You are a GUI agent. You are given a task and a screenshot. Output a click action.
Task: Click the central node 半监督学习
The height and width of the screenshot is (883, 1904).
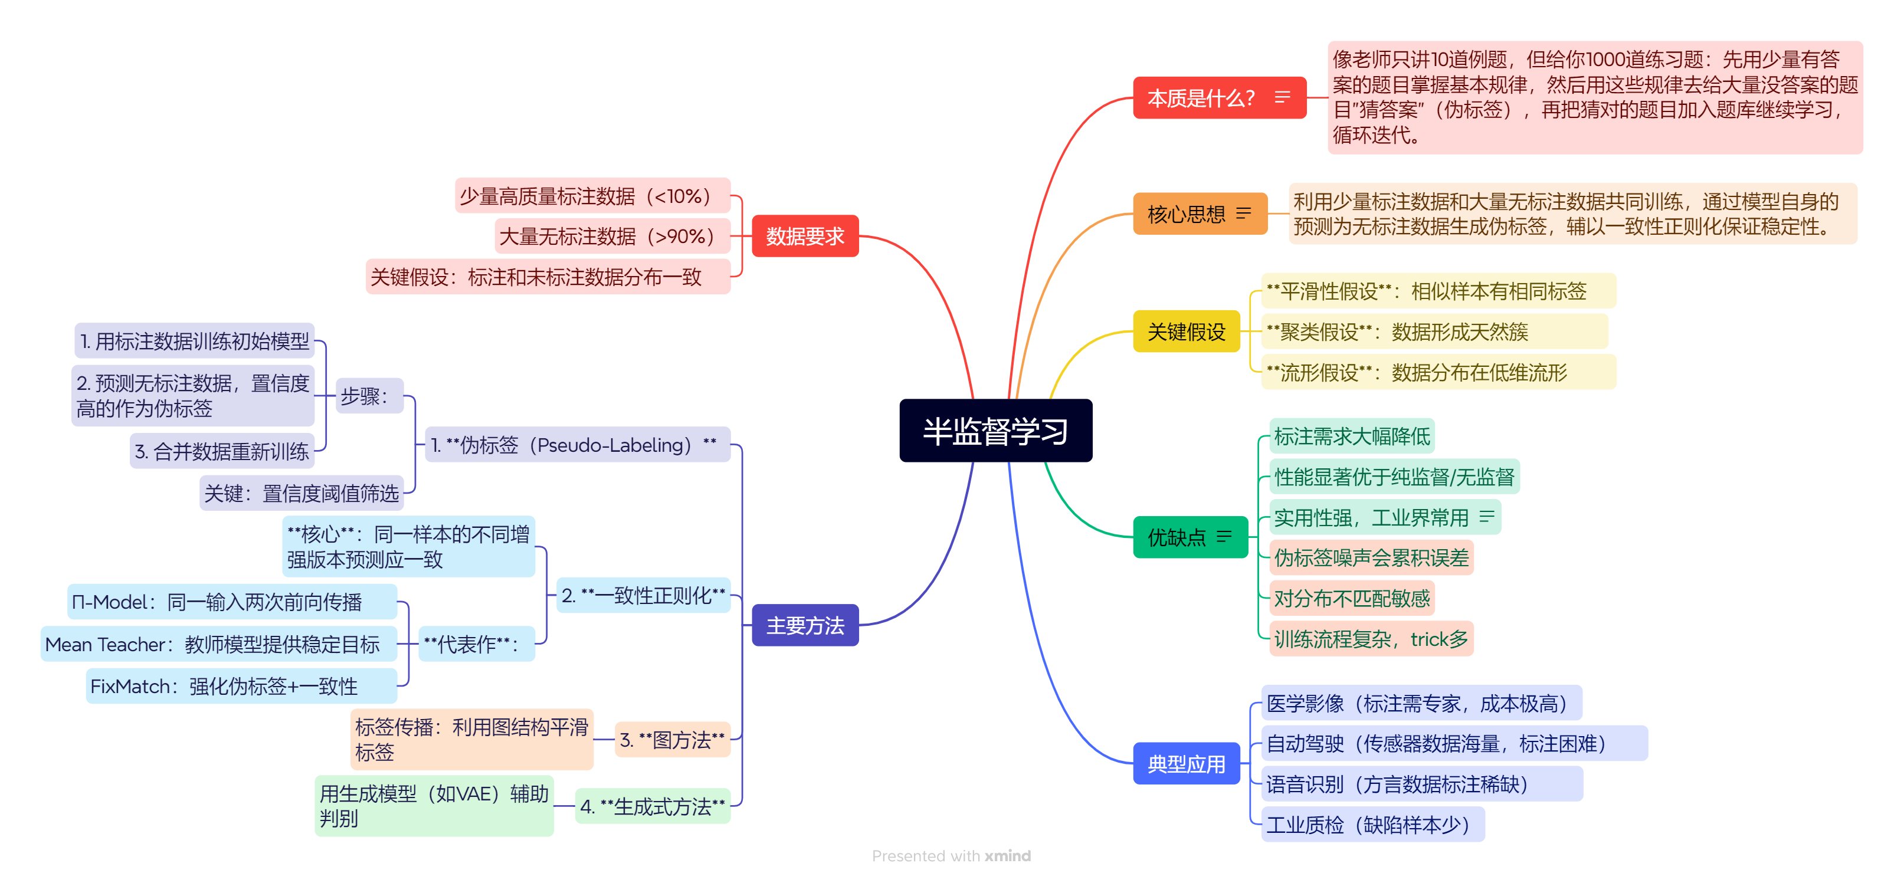[x=995, y=431]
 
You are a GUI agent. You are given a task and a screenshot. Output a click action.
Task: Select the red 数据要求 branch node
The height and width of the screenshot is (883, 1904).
[x=804, y=237]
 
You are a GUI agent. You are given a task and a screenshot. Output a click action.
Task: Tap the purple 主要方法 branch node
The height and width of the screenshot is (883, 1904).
[x=804, y=625]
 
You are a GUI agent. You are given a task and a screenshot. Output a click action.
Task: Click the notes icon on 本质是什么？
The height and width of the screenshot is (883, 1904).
[x=1282, y=97]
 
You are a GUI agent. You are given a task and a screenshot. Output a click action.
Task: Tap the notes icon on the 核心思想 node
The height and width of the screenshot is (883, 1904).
[x=1244, y=214]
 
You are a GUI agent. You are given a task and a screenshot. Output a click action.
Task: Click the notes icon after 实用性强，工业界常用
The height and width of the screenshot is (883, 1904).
[x=1486, y=517]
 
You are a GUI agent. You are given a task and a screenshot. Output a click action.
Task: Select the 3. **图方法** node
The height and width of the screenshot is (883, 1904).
[x=672, y=740]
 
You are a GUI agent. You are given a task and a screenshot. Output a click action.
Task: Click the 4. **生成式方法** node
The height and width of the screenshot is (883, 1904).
[x=652, y=806]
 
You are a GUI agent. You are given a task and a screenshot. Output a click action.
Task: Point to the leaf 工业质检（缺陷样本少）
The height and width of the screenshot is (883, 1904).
[x=1372, y=825]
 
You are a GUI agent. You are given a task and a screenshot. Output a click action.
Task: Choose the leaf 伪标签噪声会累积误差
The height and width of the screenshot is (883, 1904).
[x=1371, y=558]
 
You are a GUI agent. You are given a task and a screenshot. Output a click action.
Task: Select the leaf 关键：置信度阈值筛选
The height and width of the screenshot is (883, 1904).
[x=301, y=493]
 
